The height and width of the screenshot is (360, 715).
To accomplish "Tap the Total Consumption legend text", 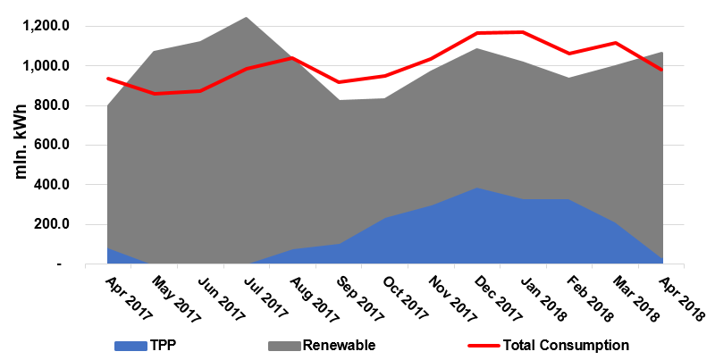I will pyautogui.click(x=566, y=345).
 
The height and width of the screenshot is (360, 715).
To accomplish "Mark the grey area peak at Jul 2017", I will pyautogui.click(x=246, y=17).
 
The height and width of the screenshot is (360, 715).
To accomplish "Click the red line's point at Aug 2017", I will pyautogui.click(x=292, y=58).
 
